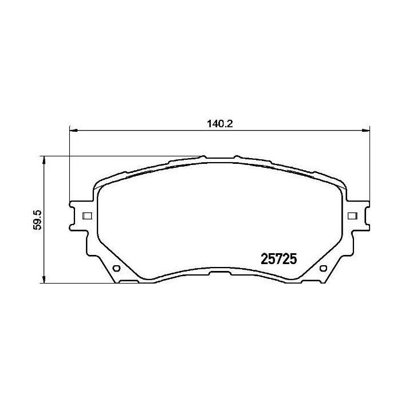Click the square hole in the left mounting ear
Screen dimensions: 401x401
click(88, 216)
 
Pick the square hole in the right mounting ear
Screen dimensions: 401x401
click(352, 216)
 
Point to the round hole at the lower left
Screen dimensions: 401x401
click(116, 269)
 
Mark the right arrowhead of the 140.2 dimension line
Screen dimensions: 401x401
click(366, 131)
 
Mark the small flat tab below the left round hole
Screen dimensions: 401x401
click(129, 282)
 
